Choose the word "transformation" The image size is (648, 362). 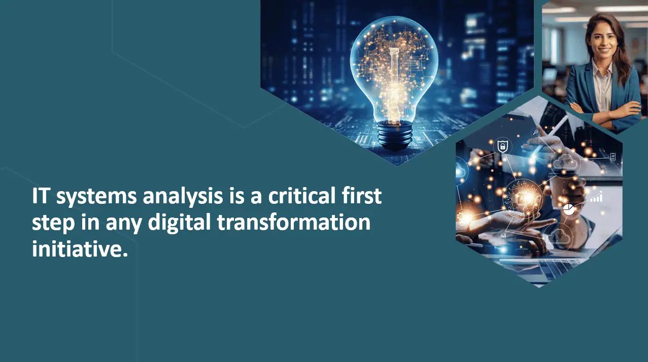point(294,222)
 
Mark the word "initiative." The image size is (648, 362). point(80,248)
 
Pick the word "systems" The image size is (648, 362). point(96,198)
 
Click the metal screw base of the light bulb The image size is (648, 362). point(395,135)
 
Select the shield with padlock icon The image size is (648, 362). point(502,147)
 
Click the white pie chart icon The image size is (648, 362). point(569,209)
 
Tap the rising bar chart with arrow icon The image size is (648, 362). point(597,197)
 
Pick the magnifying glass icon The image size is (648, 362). point(536,132)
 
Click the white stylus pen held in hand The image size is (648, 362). point(549,136)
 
